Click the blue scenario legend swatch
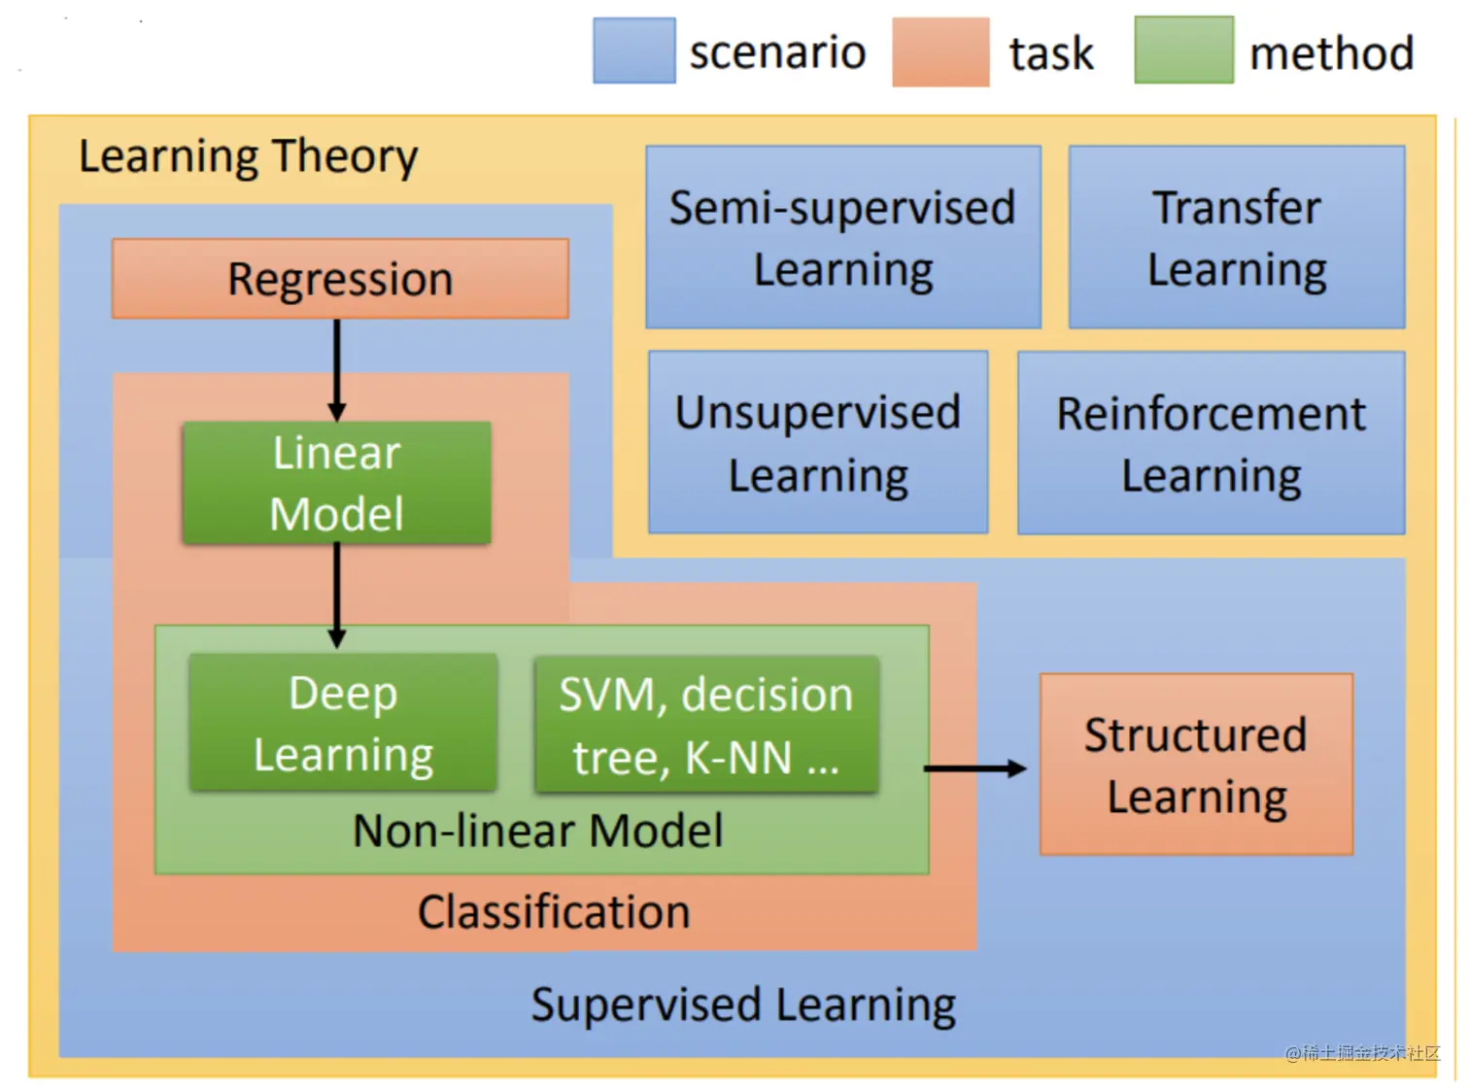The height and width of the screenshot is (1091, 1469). [633, 51]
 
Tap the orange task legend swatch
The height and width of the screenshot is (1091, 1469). [939, 52]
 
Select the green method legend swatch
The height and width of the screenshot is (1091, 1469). [1183, 51]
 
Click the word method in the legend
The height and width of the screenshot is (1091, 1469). [1331, 53]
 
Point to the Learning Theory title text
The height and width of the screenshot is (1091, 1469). [248, 156]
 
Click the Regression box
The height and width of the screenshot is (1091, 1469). [340, 279]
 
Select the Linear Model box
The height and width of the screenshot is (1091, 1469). [336, 483]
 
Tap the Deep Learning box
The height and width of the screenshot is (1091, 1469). [343, 723]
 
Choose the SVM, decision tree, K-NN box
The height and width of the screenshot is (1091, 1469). [706, 725]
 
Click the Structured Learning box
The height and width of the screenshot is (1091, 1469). [1196, 765]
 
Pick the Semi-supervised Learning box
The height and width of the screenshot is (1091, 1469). [842, 238]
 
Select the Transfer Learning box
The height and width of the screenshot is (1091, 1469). [1236, 238]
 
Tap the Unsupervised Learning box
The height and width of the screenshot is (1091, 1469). [818, 443]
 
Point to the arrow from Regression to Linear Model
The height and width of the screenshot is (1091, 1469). [337, 369]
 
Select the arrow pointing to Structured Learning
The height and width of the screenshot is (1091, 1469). [974, 768]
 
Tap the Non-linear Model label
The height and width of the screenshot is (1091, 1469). [537, 832]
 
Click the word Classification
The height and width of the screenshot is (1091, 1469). [554, 912]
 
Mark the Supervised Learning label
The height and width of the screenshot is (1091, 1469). [743, 1005]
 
